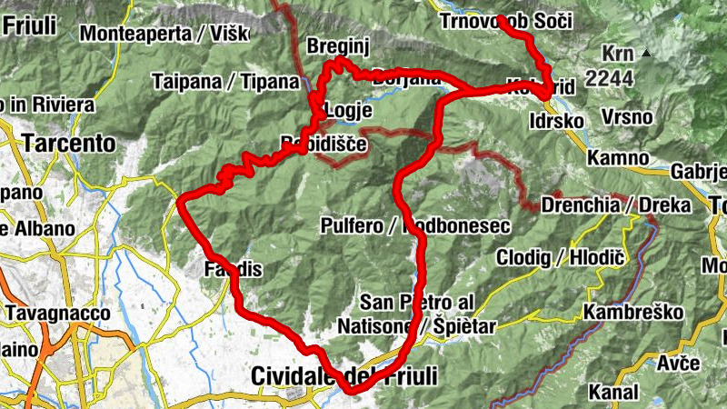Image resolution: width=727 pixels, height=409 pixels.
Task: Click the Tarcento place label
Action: pos(71,144)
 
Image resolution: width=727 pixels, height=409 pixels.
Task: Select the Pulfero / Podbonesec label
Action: pos(414,224)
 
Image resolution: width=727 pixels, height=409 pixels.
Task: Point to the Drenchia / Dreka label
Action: pos(614,205)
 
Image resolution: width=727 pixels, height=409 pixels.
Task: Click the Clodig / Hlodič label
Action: pos(560,259)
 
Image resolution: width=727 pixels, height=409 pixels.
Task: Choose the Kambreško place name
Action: pos(633,313)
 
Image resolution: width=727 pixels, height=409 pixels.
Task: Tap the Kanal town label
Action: pos(615,393)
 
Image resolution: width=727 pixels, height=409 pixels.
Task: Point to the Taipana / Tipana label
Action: pos(225,81)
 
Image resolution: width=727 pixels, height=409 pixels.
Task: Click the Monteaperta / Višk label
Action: pos(164,35)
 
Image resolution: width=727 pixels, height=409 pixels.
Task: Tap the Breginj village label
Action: pos(336,46)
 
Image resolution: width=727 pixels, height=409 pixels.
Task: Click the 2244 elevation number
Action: pos(609,80)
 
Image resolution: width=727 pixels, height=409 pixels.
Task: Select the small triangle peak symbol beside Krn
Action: pos(646,54)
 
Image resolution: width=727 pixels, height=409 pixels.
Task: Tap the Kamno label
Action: pos(618,158)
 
